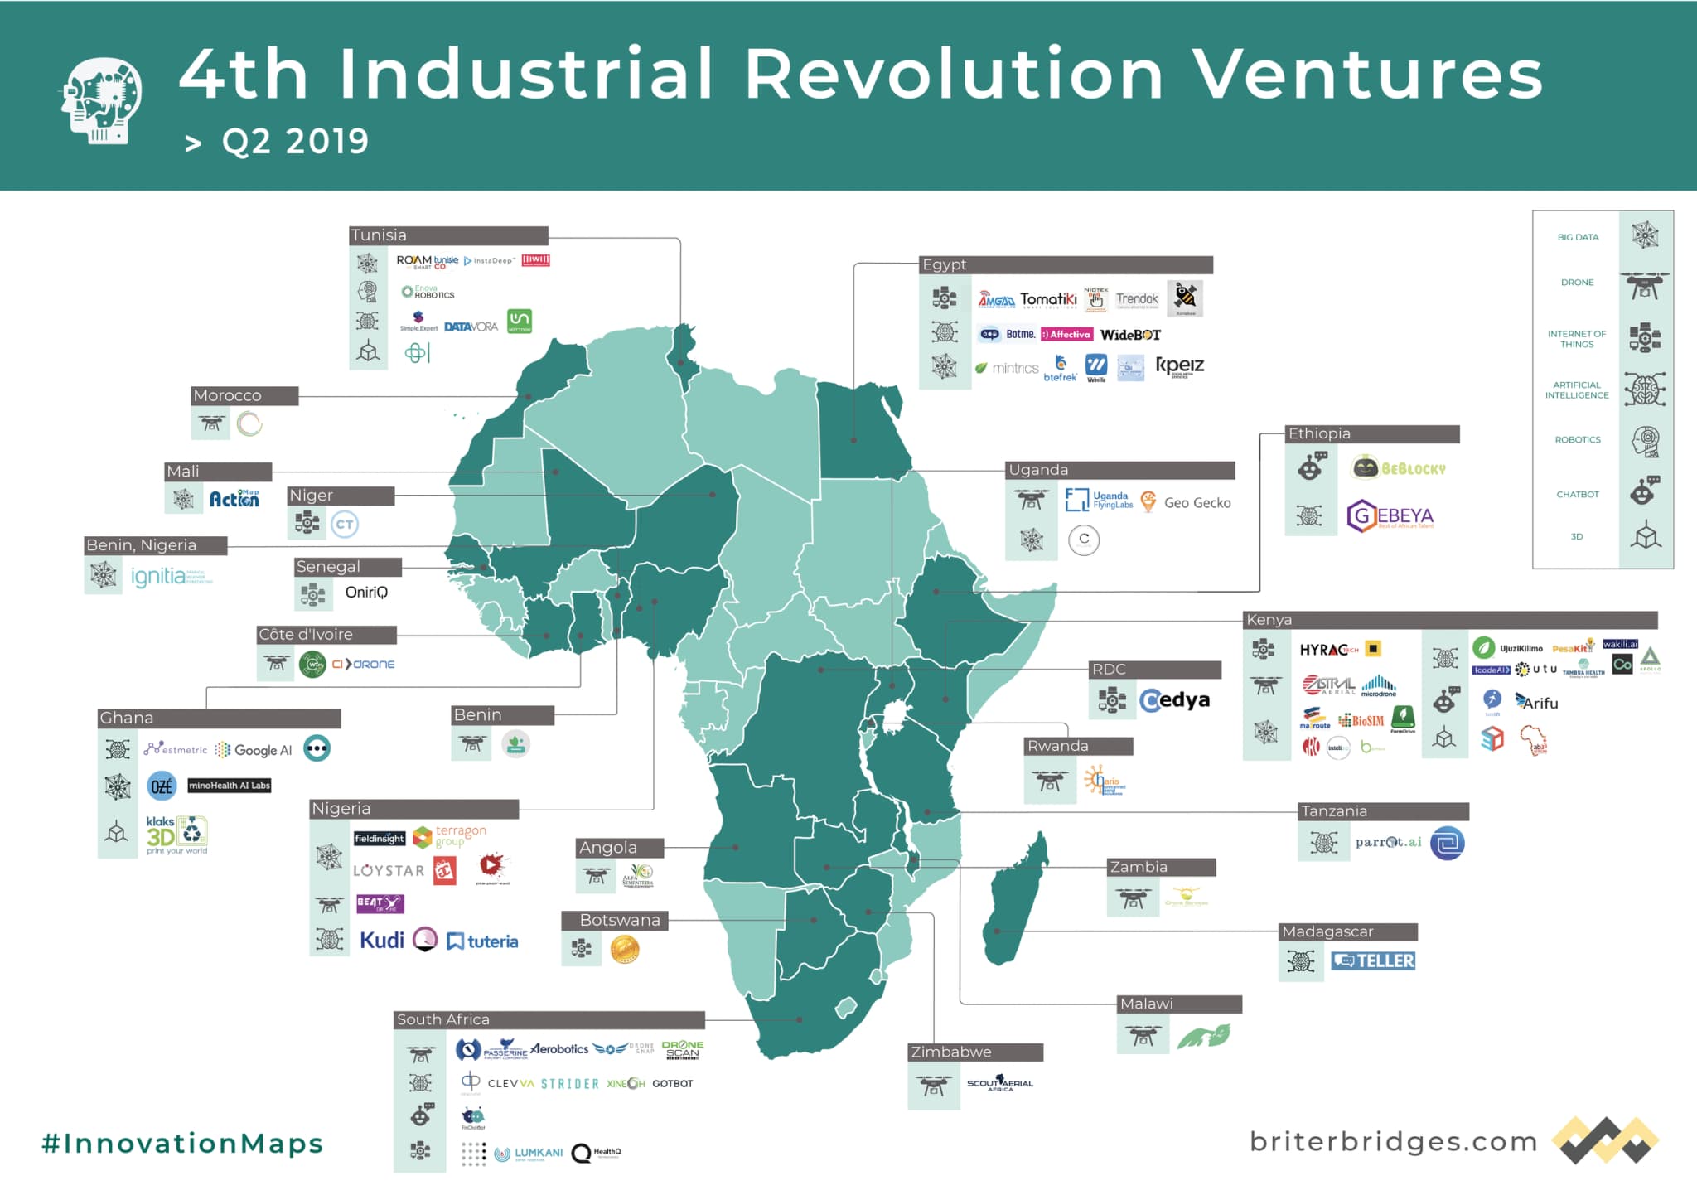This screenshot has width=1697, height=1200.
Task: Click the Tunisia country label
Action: pos(379,235)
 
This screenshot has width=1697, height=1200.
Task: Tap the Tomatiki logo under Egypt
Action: pos(1047,299)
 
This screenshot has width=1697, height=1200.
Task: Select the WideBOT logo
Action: pos(1130,335)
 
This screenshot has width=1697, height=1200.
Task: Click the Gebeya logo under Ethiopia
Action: pos(1390,515)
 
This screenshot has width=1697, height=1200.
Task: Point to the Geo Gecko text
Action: pos(1197,502)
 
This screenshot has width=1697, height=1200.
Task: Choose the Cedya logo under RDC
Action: pos(1174,700)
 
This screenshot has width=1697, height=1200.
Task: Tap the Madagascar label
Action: pos(1327,931)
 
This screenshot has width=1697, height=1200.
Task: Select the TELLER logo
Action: pos(1373,960)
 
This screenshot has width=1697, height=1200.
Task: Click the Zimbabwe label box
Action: pos(951,1052)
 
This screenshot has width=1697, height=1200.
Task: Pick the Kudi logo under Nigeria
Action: pos(382,940)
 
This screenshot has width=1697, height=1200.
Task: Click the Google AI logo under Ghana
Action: pos(255,750)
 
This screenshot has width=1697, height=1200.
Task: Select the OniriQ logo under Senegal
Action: pos(366,592)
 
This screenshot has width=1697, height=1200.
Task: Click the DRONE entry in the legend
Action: pos(1577,283)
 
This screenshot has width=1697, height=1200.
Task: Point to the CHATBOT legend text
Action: pos(1577,494)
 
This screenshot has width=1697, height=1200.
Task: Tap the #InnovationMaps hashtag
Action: pos(182,1143)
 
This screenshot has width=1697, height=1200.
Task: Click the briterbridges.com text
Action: pos(1393,1141)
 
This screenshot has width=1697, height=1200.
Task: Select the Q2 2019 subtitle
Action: pos(294,142)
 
